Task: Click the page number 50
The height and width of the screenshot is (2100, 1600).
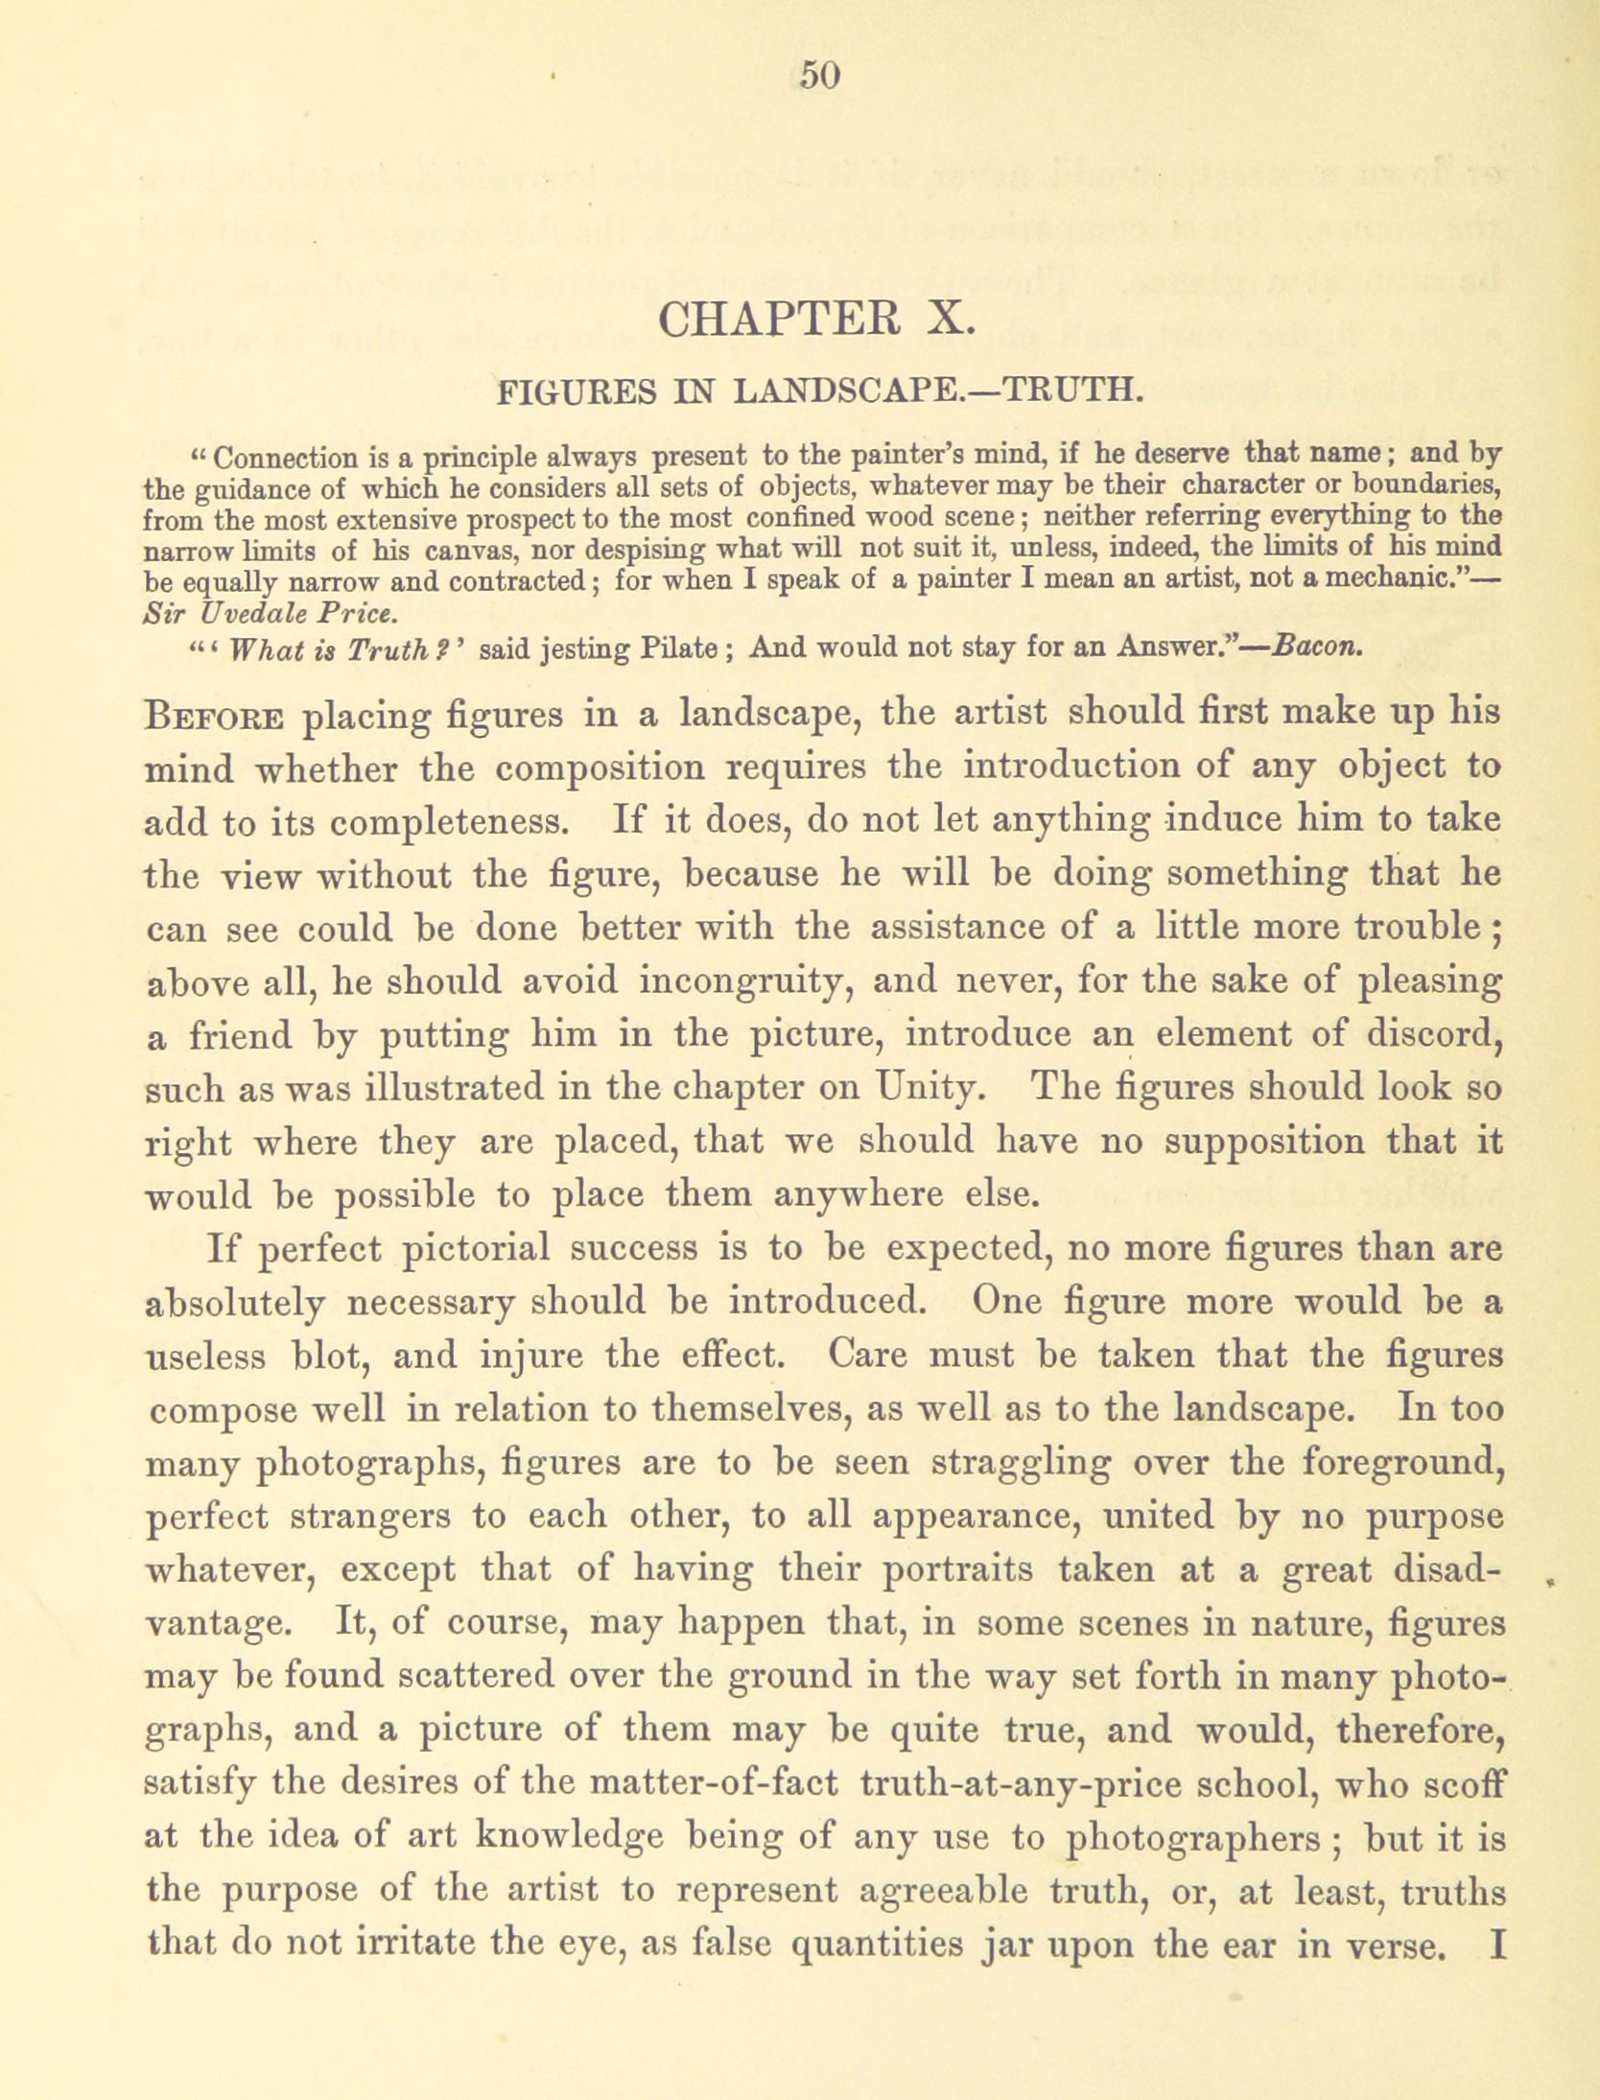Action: click(x=820, y=74)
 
